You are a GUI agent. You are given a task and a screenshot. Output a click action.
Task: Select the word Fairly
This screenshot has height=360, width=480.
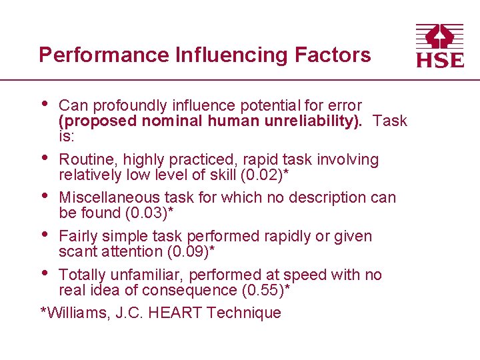click(x=78, y=236)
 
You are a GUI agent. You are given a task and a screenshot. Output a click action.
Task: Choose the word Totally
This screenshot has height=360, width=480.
click(x=82, y=275)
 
